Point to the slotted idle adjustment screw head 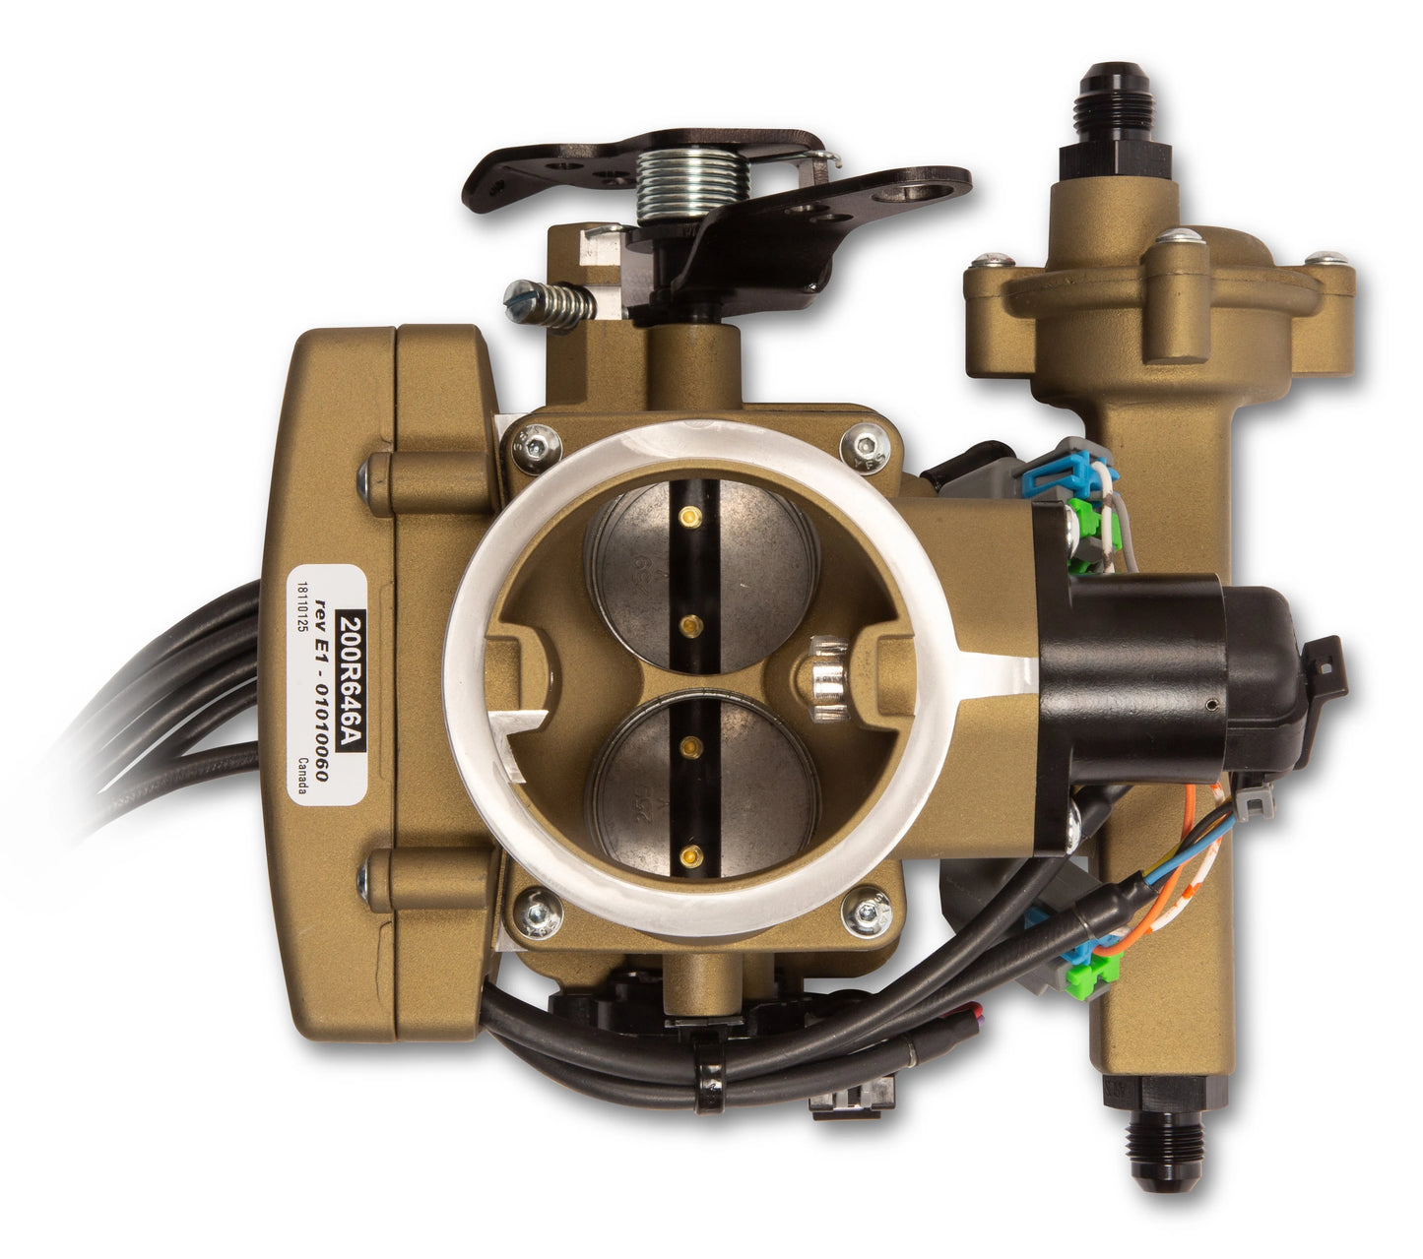pyautogui.click(x=515, y=296)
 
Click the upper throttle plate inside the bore pyautogui.click(x=701, y=567)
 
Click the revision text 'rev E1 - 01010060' pyautogui.click(x=322, y=689)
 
